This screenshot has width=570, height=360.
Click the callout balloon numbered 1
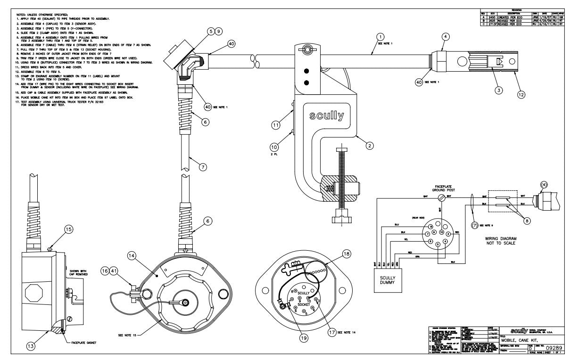[x=381, y=36]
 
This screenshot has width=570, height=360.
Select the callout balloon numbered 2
[x=369, y=146]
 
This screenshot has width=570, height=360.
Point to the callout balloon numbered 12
[x=520, y=94]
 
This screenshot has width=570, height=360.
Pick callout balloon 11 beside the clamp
[x=275, y=124]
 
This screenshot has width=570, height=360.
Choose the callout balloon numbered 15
[x=69, y=229]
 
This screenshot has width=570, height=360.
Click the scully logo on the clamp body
[x=326, y=116]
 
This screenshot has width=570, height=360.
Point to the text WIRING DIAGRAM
[x=502, y=238]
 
